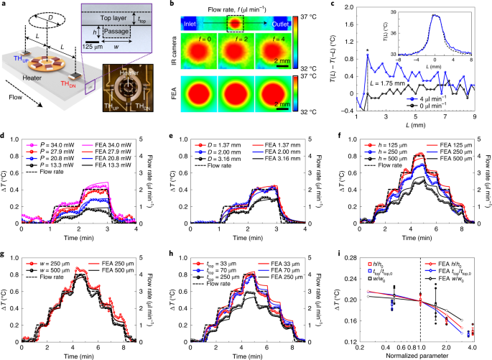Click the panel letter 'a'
(4, 6)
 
